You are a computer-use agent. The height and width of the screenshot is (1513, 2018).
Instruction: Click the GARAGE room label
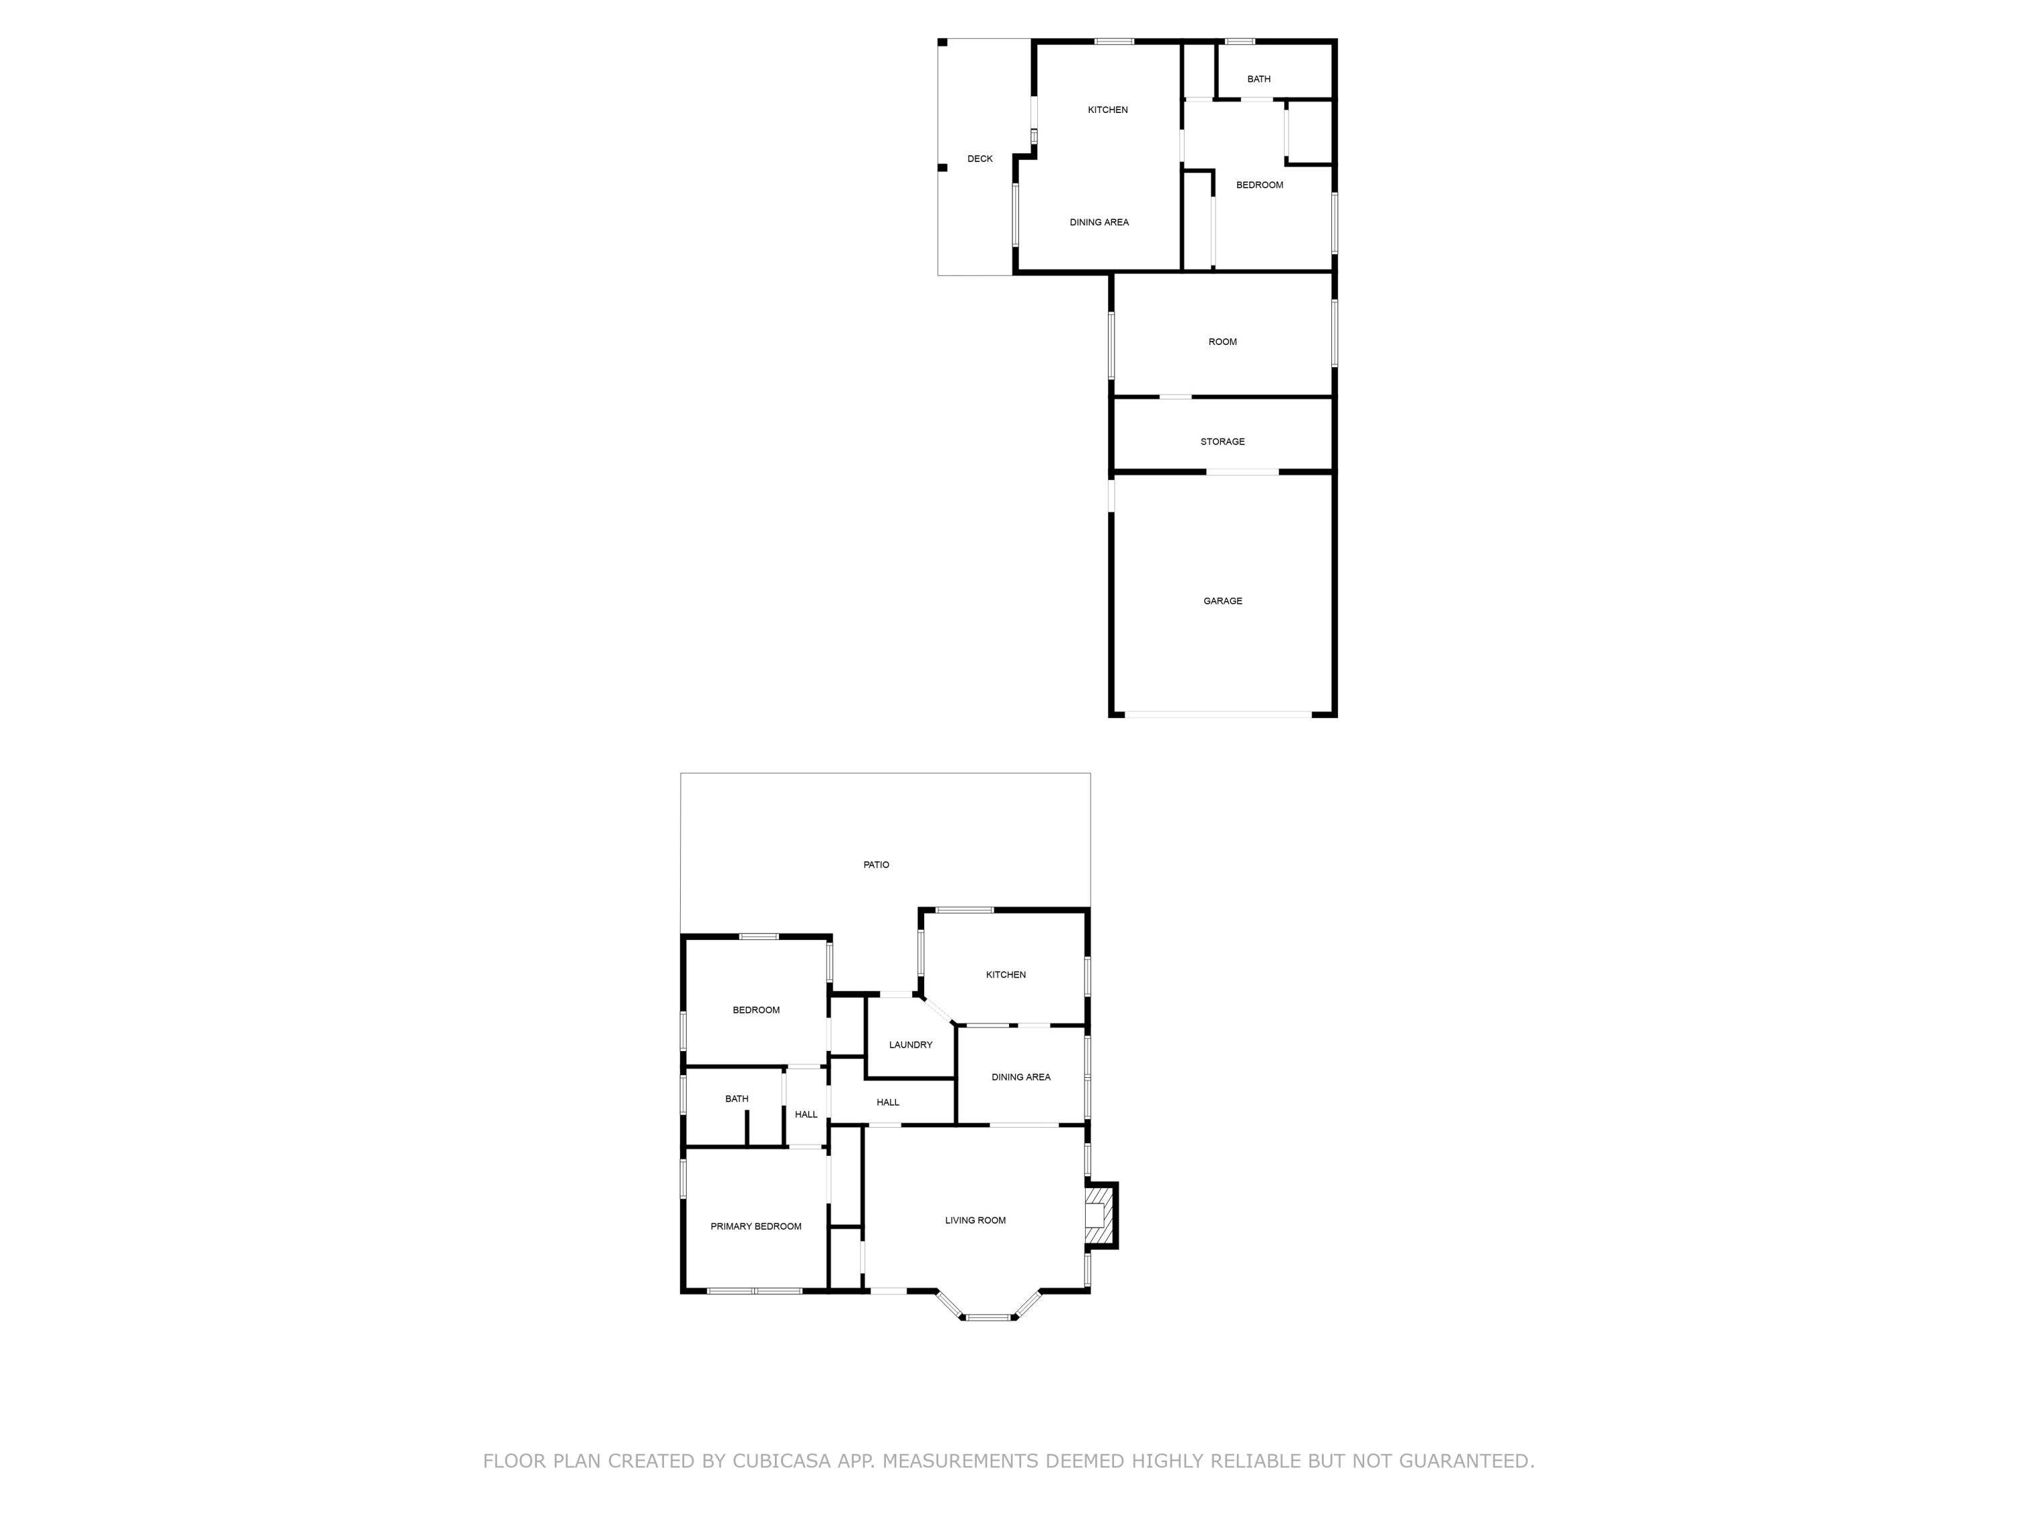(x=1222, y=601)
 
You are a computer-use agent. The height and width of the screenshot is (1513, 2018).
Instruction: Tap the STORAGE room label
(x=1222, y=441)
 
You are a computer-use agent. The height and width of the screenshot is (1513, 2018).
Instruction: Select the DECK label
(x=980, y=159)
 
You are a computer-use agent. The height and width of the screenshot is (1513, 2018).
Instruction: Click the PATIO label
(x=876, y=865)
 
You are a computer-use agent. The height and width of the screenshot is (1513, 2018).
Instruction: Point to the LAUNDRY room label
(x=911, y=1045)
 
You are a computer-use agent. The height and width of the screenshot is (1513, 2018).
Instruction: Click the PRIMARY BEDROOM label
(x=755, y=1227)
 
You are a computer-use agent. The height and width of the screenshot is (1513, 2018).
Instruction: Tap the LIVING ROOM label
(x=975, y=1220)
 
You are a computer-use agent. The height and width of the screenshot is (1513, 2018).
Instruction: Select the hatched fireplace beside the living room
(x=1101, y=1216)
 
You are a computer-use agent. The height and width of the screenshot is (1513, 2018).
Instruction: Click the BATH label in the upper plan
(x=1259, y=79)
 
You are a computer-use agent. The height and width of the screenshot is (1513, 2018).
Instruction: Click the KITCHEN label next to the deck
(x=1107, y=110)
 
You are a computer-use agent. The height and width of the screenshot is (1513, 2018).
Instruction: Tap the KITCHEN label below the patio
(x=1006, y=975)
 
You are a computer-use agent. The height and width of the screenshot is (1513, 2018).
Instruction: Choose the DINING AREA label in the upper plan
(x=1099, y=223)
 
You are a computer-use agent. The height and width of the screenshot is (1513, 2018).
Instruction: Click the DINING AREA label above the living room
(x=1021, y=1077)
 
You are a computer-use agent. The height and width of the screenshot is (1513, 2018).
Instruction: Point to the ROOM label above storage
(x=1222, y=342)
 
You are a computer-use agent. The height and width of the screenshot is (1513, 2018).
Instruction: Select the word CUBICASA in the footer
(x=781, y=1461)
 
